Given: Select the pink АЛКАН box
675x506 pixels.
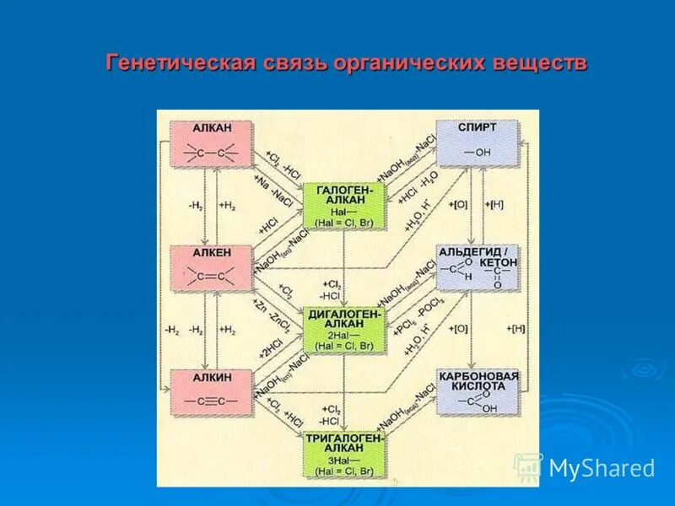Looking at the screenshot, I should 211,144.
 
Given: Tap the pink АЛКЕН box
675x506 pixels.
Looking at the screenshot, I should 211,269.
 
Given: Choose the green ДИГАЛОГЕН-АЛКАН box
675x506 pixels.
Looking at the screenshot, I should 343,330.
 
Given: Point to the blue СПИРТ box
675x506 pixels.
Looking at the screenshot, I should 477,144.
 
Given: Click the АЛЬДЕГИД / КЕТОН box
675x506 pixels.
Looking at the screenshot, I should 477,269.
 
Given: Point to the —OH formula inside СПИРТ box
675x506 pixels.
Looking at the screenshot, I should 477,153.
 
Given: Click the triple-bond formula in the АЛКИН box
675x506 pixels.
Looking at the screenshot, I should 210,401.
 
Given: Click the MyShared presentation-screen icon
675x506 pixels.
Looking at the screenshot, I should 528,468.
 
